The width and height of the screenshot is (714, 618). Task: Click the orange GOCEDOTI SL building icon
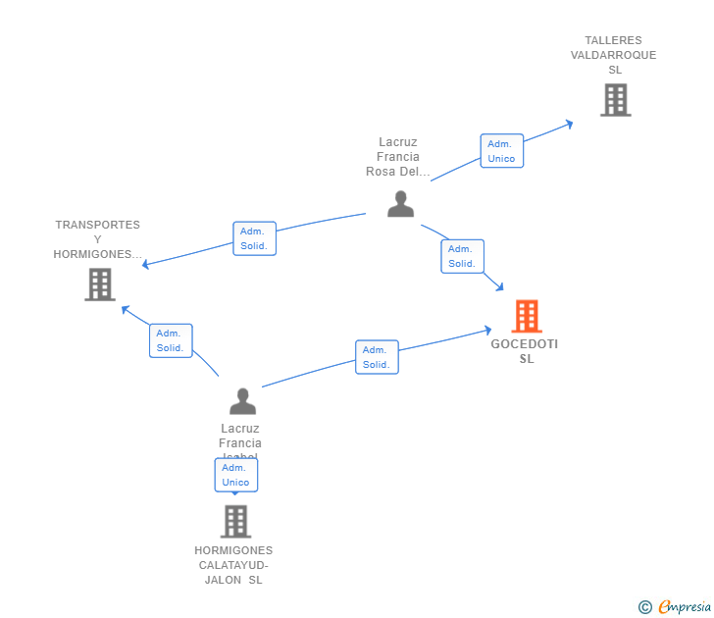click(x=527, y=316)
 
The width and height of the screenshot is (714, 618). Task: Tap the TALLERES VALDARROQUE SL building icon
click(x=615, y=99)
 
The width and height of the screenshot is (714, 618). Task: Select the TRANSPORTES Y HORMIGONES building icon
click(x=100, y=284)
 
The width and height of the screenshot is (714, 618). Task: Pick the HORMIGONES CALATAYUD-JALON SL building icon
click(x=235, y=521)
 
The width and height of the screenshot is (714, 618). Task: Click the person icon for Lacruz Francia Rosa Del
click(x=400, y=203)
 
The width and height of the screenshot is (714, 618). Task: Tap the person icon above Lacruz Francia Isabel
click(x=242, y=401)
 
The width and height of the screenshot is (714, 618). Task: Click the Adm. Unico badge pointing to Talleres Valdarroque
click(x=501, y=151)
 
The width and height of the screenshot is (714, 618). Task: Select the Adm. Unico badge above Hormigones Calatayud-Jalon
click(x=235, y=475)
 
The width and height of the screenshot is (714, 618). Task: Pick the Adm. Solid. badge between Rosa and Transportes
click(x=254, y=238)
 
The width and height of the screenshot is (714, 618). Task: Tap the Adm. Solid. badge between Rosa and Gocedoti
click(x=461, y=256)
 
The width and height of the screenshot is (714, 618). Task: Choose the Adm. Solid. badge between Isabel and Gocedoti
click(x=377, y=357)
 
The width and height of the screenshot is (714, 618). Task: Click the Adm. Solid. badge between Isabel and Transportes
click(x=171, y=340)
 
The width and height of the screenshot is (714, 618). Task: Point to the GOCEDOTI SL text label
click(x=525, y=351)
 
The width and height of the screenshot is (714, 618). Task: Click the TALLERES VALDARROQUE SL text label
click(x=614, y=55)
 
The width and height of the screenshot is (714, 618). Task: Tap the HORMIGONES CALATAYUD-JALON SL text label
click(x=233, y=565)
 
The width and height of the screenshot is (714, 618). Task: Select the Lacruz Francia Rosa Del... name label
click(x=398, y=157)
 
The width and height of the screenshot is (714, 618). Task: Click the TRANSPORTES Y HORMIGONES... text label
click(x=98, y=239)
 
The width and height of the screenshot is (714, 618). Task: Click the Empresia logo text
click(x=685, y=607)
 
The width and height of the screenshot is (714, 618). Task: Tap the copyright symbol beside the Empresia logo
click(x=645, y=607)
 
